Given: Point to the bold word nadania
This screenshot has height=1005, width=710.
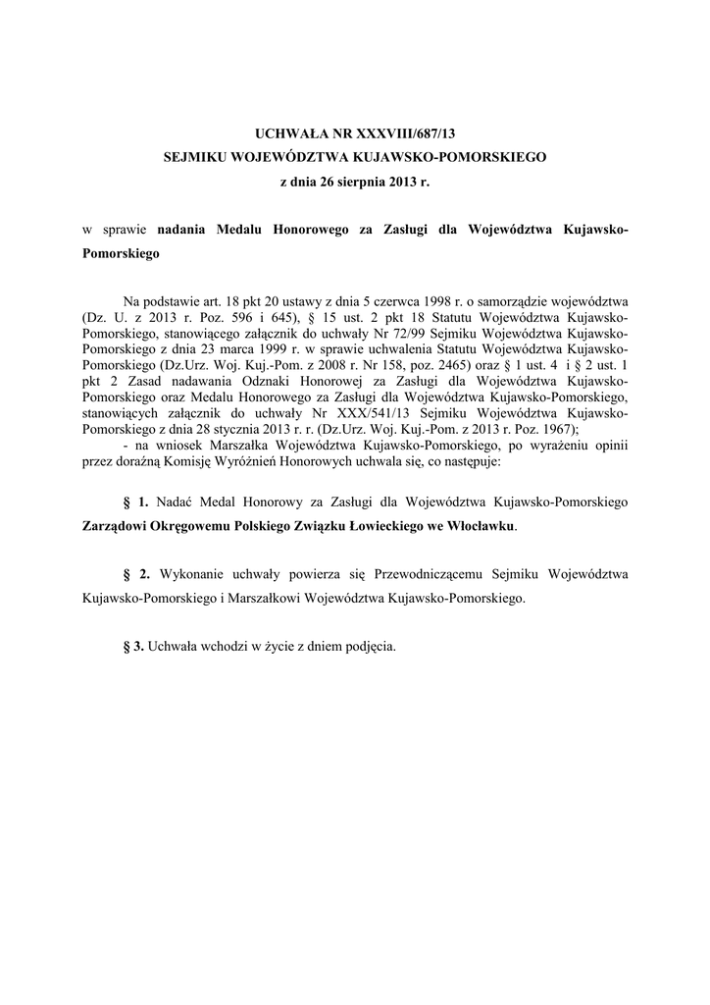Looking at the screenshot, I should [x=181, y=230].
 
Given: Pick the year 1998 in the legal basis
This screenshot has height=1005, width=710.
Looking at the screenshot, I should [x=420, y=299].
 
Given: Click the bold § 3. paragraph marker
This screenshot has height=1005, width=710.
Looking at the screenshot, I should [x=132, y=646].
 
